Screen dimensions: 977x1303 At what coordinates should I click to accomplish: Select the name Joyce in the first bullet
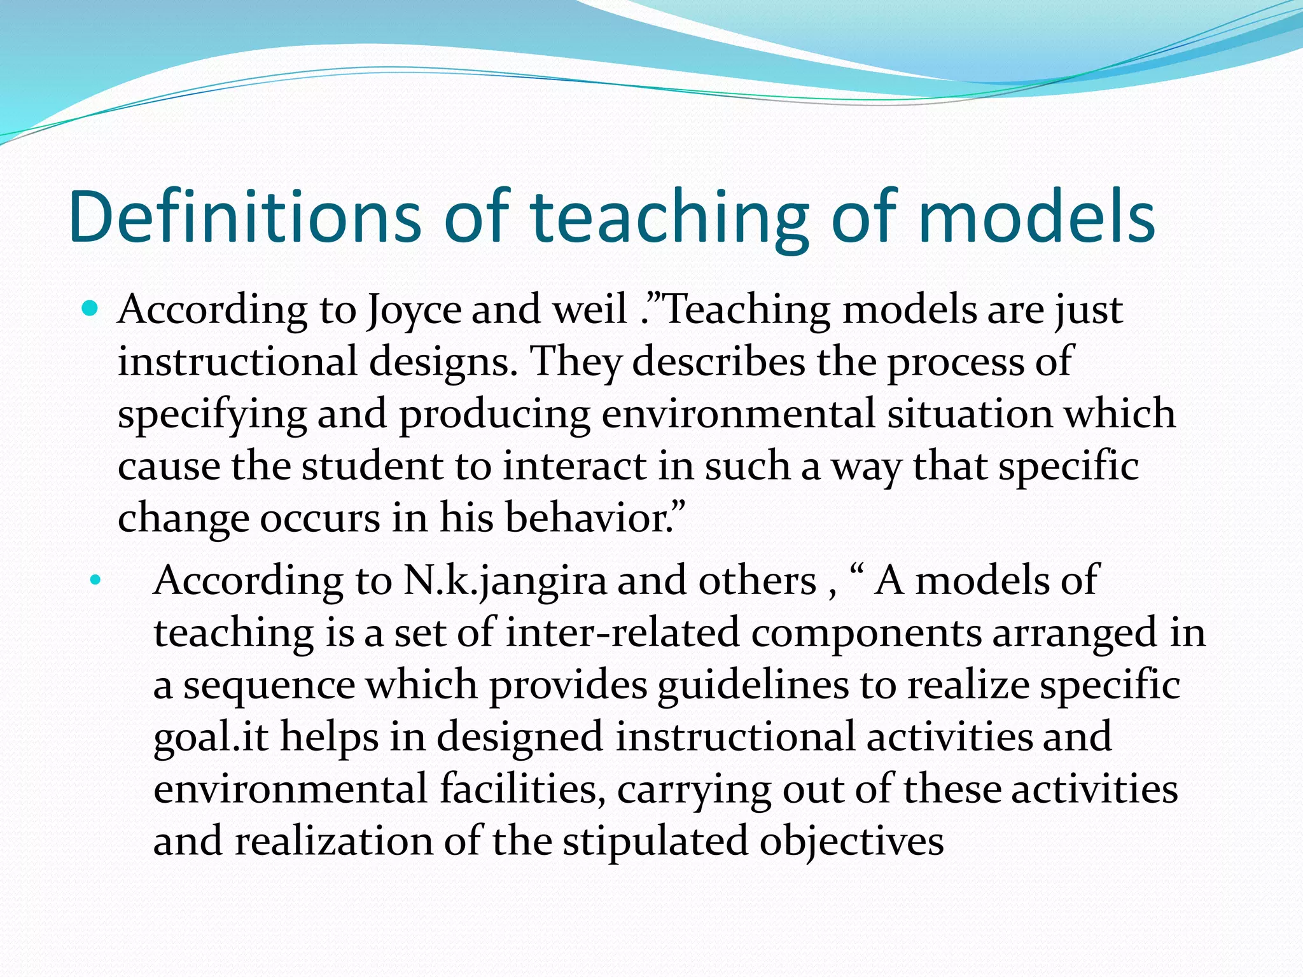[x=414, y=312]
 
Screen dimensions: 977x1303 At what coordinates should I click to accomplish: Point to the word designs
[x=443, y=363]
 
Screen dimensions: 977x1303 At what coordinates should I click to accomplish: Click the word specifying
[x=213, y=415]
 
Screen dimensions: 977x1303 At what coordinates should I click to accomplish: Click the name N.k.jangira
[x=505, y=582]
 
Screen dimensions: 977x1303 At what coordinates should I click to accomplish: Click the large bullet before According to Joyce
[x=91, y=310]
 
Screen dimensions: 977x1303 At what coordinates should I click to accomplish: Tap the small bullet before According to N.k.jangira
[x=95, y=580]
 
